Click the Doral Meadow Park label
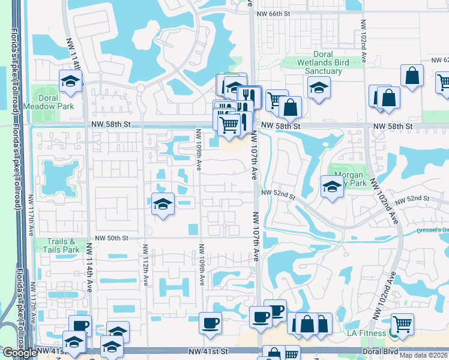(49, 102)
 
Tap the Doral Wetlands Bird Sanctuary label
(323, 62)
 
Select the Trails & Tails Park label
(63, 245)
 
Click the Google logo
(20, 353)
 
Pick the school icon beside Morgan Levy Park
(332, 186)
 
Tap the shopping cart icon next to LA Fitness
(402, 325)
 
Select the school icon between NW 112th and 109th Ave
(162, 204)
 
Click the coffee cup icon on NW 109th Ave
(210, 323)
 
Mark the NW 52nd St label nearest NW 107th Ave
(279, 193)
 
